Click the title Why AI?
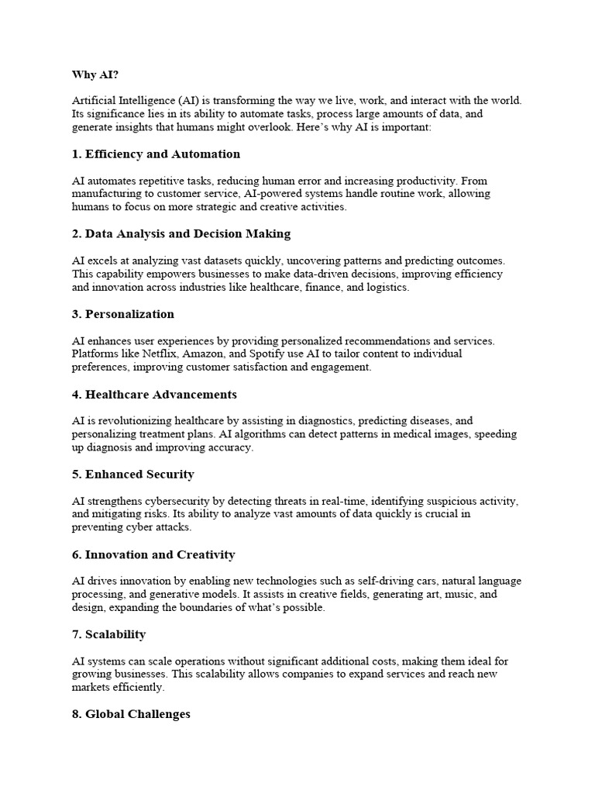(x=96, y=74)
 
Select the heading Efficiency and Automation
(x=156, y=154)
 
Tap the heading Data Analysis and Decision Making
(x=181, y=233)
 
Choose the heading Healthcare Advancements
(x=154, y=395)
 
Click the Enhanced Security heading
(x=132, y=474)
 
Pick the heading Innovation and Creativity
(x=153, y=554)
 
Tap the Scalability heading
(x=108, y=634)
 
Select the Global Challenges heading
(x=131, y=714)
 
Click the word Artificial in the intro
(x=92, y=101)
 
